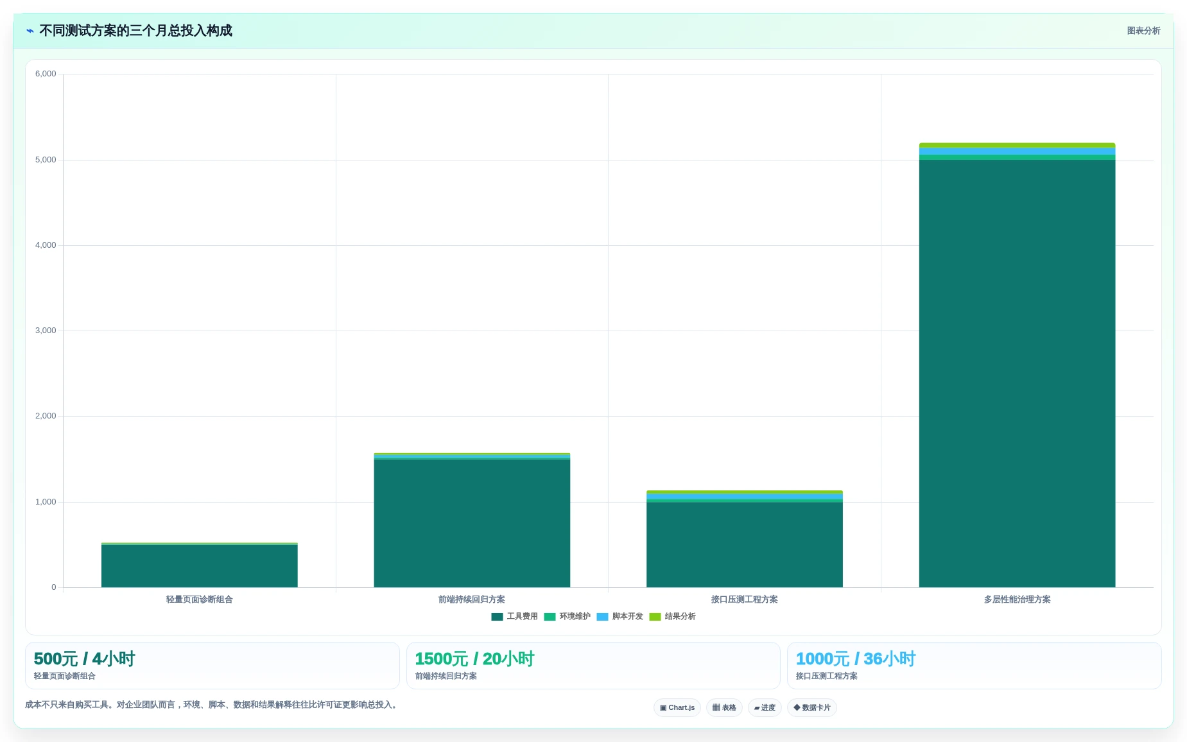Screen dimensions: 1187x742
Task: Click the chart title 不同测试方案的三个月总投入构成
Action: tap(135, 31)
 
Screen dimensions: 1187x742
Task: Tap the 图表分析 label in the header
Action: tap(1143, 31)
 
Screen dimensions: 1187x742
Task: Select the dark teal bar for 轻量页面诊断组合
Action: tap(199, 566)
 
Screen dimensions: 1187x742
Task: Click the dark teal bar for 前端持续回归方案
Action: tap(472, 523)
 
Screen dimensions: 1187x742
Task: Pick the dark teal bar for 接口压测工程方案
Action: tap(745, 545)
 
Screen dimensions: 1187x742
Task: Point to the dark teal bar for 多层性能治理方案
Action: tap(1017, 374)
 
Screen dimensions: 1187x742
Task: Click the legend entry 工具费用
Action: tap(514, 617)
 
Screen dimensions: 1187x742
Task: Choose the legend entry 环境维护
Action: tap(567, 617)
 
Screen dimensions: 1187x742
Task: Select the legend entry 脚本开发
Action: tap(619, 617)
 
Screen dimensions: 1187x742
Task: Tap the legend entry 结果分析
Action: tap(672, 617)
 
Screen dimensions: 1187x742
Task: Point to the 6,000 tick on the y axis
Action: tap(46, 74)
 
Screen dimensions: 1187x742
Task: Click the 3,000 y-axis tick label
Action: tap(46, 331)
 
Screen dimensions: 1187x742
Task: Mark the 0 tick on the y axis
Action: tap(54, 587)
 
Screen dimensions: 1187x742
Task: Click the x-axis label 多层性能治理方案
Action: tap(1017, 600)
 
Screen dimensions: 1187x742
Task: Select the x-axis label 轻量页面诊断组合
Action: tap(199, 600)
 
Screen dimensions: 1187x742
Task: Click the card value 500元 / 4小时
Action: tap(84, 659)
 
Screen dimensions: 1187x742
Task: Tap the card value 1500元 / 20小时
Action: tap(474, 659)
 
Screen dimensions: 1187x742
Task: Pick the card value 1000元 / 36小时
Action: tap(856, 659)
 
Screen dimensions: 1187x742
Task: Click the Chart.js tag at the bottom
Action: tap(677, 708)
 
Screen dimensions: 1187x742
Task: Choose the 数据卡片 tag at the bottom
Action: tap(811, 708)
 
